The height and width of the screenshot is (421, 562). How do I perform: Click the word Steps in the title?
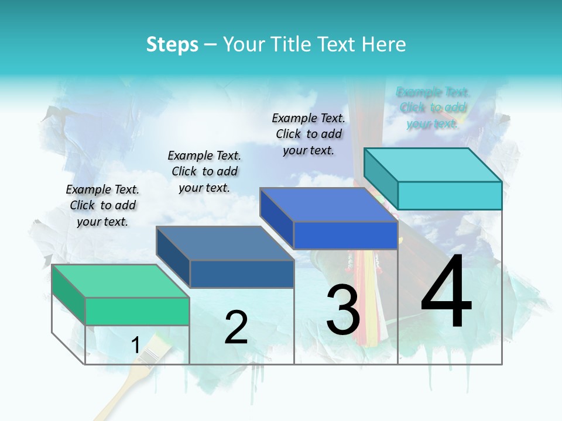[x=172, y=44]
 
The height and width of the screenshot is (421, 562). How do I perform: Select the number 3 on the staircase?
[x=342, y=310]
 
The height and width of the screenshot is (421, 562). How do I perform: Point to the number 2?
[x=236, y=327]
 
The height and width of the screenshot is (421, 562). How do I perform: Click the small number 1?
[x=135, y=345]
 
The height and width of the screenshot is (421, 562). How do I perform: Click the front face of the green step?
[x=138, y=311]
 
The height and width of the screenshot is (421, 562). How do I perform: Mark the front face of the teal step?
[x=450, y=195]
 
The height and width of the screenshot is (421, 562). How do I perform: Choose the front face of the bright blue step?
[x=345, y=235]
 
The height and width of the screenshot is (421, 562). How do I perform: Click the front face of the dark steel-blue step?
[x=242, y=274]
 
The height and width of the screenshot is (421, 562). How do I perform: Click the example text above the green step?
[x=102, y=205]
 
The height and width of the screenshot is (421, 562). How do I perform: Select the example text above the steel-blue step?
[x=204, y=171]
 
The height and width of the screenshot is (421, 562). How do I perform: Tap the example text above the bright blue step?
[x=309, y=134]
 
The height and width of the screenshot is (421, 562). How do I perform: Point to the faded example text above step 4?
[x=433, y=108]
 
